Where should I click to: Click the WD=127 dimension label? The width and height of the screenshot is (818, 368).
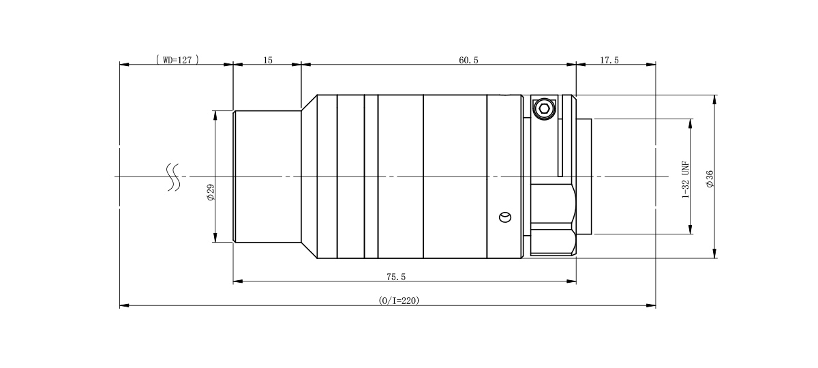177,60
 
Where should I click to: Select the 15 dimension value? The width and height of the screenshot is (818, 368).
268,60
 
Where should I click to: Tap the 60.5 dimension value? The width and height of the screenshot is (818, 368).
468,60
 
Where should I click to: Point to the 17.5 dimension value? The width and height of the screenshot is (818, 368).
609,60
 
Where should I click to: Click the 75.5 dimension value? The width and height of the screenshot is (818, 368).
396,277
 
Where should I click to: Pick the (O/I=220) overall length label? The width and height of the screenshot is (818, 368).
399,301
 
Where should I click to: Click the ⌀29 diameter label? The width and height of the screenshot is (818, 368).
211,192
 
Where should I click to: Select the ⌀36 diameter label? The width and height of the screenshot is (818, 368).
710,179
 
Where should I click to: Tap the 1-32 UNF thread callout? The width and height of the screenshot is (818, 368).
686,180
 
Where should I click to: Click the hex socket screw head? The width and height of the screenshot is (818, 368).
544,109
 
